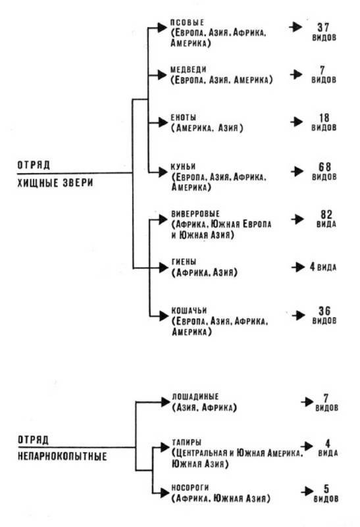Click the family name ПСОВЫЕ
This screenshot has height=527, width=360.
pyautogui.click(x=187, y=23)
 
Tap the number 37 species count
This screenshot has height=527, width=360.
pyautogui.click(x=323, y=27)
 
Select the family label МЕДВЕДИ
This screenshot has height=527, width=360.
pyautogui.click(x=188, y=70)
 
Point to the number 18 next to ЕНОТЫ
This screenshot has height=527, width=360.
pyautogui.click(x=324, y=118)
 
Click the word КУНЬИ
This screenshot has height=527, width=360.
pyautogui.click(x=183, y=166)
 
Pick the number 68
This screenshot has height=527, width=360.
pyautogui.click(x=324, y=166)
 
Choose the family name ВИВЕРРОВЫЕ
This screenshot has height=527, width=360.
pyautogui.click(x=195, y=214)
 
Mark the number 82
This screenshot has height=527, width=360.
pyautogui.click(x=326, y=214)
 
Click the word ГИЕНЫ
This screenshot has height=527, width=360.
pyautogui.click(x=184, y=262)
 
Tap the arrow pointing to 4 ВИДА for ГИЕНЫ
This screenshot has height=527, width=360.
pyautogui.click(x=298, y=267)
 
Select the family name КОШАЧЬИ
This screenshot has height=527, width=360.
pyautogui.click(x=189, y=311)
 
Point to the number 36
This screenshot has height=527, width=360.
pyautogui.click(x=324, y=311)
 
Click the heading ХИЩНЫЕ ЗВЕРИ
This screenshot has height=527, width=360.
pyautogui.click(x=55, y=183)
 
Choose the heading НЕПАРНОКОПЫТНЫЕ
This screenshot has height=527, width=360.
pyautogui.click(x=62, y=457)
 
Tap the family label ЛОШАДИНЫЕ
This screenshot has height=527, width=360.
pyautogui.click(x=195, y=397)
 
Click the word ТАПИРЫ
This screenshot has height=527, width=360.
pyautogui.click(x=186, y=443)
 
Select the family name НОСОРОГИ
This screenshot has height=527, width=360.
pyautogui.click(x=190, y=488)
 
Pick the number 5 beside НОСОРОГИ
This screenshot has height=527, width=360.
pyautogui.click(x=326, y=489)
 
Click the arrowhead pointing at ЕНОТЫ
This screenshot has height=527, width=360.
pyautogui.click(x=163, y=122)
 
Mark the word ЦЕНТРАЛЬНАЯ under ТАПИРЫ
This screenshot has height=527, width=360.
pyautogui.click(x=200, y=453)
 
